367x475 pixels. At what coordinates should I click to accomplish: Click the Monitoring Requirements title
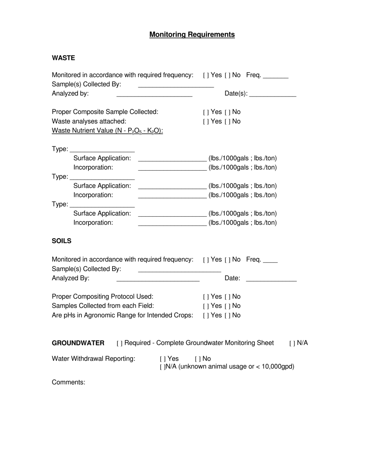pos(192,35)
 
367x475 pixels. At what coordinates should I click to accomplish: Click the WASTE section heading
pos(63,58)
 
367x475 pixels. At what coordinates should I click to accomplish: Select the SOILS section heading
pos(61,241)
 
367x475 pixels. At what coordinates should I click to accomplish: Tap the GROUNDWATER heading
pos(78,343)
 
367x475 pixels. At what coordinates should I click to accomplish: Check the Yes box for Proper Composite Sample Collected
pos(206,112)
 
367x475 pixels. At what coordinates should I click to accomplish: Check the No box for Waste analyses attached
pos(227,122)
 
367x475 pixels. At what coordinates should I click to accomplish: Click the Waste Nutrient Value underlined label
pos(107,131)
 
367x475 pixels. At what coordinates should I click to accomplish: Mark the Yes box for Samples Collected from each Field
pos(206,306)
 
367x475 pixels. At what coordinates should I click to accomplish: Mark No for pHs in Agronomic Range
pos(227,316)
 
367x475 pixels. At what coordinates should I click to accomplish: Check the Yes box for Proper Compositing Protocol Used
pos(206,297)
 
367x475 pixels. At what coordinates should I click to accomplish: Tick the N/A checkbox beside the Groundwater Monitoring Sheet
pos(292,343)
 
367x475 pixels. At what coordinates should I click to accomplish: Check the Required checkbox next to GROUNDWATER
pos(119,343)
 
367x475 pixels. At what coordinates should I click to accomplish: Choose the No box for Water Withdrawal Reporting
pos(197,359)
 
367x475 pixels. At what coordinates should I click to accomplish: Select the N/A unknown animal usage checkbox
pos(162,367)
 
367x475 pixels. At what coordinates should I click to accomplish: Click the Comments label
pos(68,382)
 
